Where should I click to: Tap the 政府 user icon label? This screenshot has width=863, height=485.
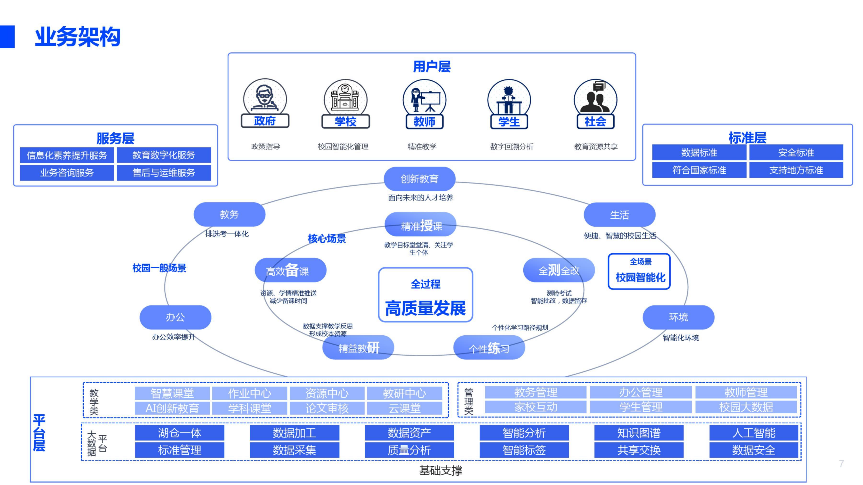tap(265, 121)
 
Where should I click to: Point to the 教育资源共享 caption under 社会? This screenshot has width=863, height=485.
tap(596, 147)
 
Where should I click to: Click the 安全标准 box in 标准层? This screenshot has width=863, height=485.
tap(796, 153)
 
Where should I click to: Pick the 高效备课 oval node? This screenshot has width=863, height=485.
tap(290, 270)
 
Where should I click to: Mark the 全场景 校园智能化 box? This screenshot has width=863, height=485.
tap(639, 271)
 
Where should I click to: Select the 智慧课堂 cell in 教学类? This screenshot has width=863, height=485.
tap(172, 393)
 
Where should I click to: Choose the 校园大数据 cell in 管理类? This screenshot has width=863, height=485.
tap(746, 407)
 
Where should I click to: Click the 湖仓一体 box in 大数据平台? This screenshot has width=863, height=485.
tap(180, 433)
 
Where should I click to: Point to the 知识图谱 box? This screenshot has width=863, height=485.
tap(639, 433)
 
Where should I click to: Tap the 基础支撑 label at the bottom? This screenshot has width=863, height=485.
tap(441, 471)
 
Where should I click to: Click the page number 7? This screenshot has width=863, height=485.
tap(841, 464)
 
